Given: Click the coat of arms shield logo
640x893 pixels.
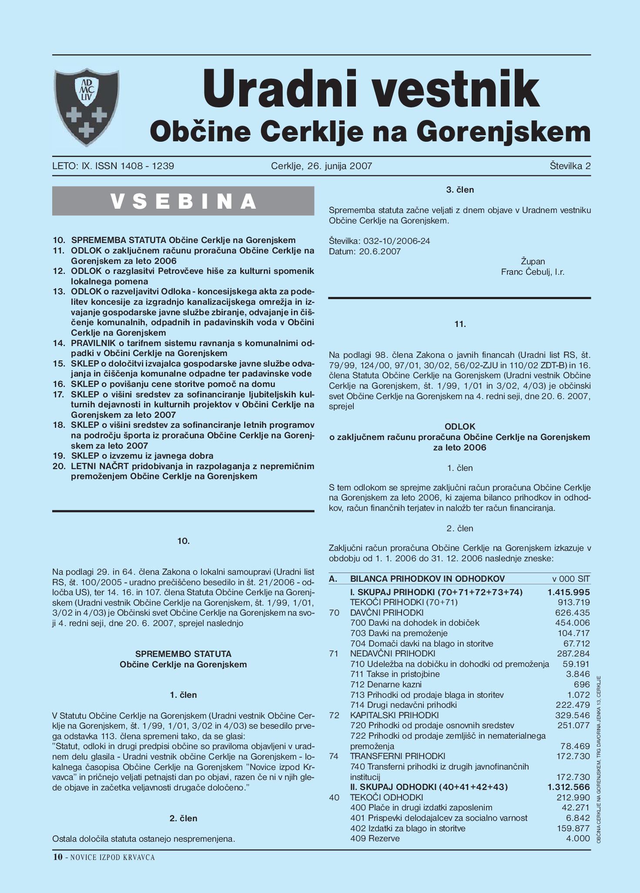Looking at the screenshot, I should [x=86, y=107].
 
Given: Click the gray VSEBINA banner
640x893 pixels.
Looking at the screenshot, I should [x=183, y=201].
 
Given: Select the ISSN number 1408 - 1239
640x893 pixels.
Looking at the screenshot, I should [x=147, y=166].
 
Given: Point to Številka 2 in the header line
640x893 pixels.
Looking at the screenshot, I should [x=570, y=166].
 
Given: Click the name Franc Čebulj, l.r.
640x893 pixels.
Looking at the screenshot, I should [x=533, y=272].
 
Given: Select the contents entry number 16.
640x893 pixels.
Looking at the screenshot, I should [x=59, y=384].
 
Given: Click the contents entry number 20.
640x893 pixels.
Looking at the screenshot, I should [x=59, y=466].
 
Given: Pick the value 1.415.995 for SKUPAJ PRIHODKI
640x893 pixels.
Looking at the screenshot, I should [x=569, y=592].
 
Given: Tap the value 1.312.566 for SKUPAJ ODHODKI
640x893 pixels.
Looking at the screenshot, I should [x=569, y=787].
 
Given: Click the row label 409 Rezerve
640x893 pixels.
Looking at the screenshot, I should [x=375, y=838].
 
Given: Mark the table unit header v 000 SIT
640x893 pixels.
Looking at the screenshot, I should [x=571, y=579].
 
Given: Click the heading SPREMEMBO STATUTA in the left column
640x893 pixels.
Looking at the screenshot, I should [x=183, y=654].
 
